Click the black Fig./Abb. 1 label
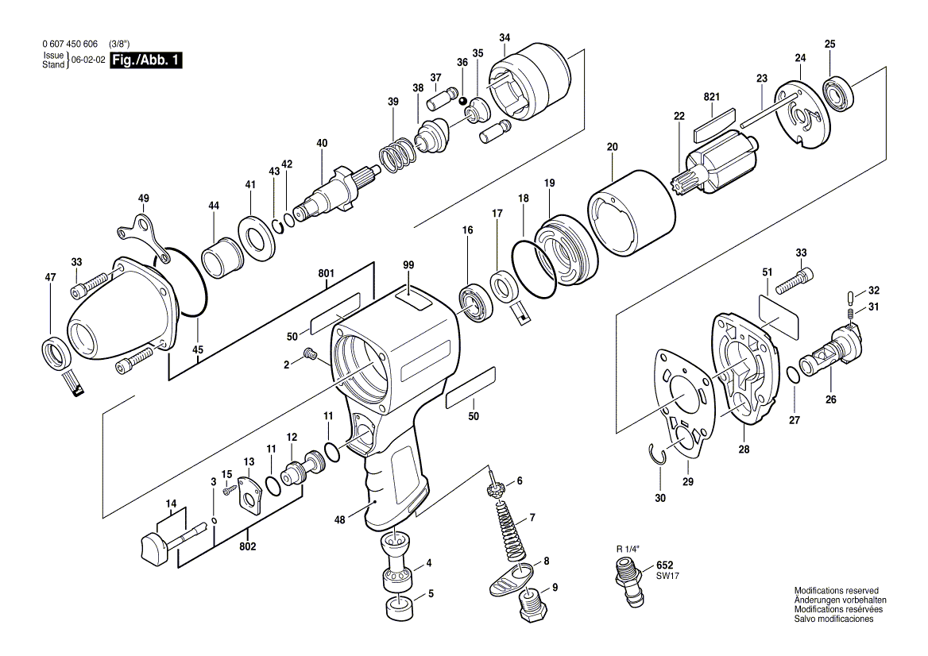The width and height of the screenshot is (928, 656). [x=145, y=60]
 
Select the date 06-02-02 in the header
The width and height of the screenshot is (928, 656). [x=88, y=60]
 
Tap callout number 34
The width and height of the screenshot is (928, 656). [x=505, y=38]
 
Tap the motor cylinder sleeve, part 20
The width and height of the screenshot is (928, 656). [x=632, y=210]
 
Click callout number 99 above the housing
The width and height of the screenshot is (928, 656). [x=408, y=264]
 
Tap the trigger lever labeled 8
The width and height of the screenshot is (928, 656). [x=512, y=578]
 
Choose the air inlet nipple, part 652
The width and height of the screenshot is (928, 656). [x=628, y=581]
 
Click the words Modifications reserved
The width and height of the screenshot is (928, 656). [x=836, y=591]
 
